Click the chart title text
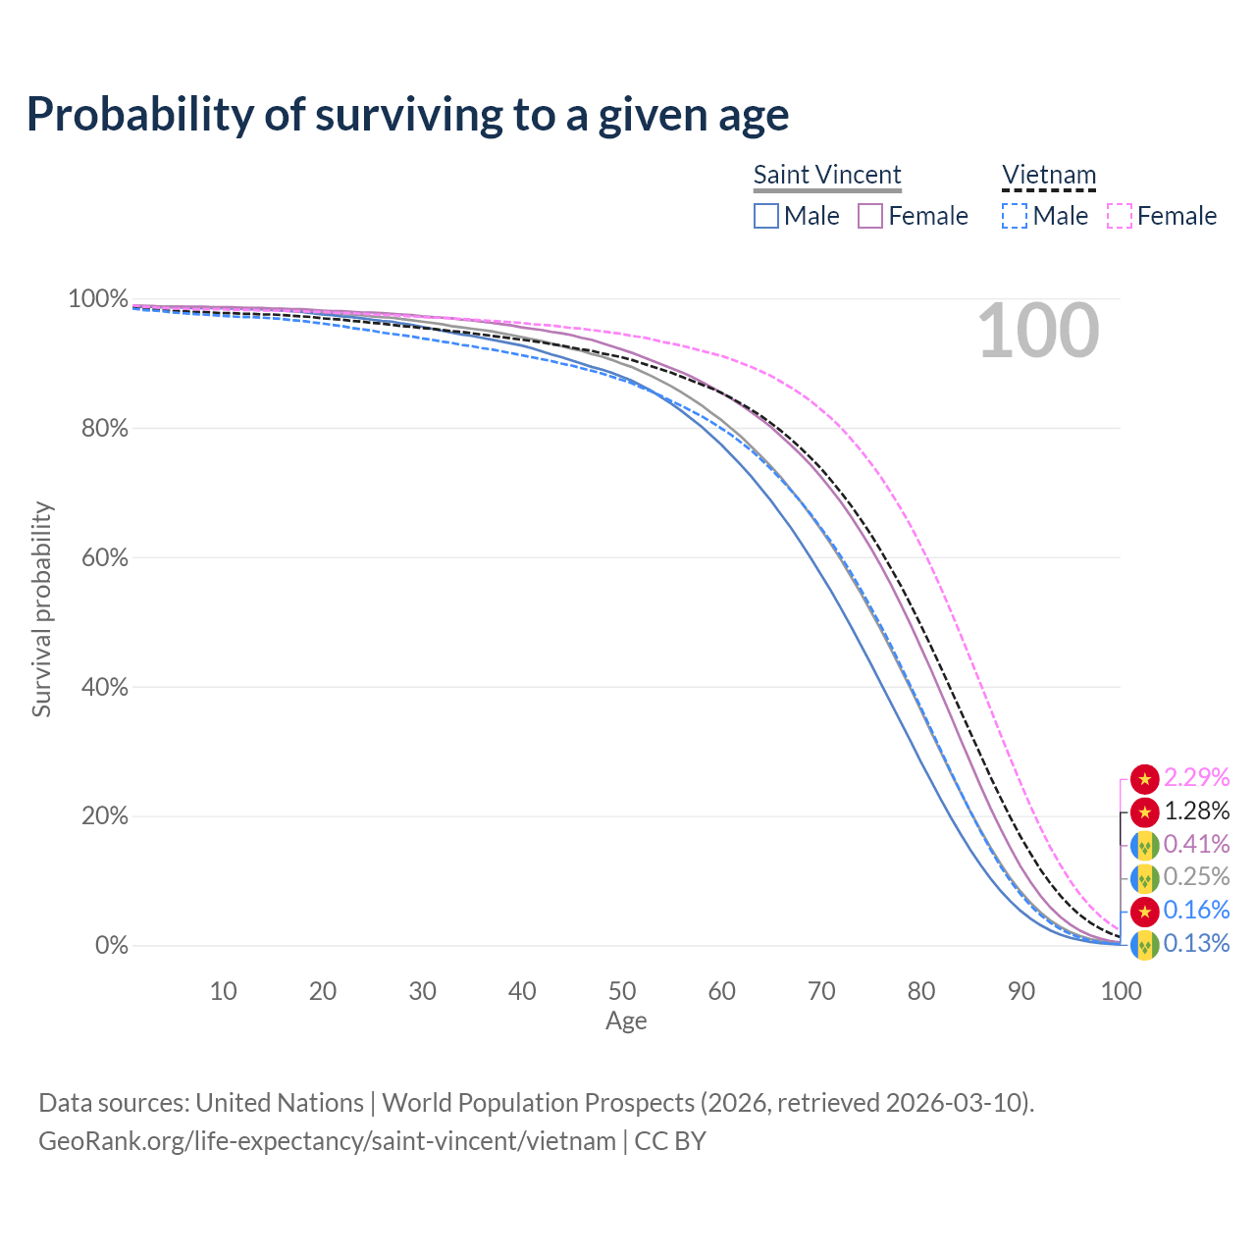[407, 115]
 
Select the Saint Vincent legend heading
[827, 175]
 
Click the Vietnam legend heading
[1048, 175]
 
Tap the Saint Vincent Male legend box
[766, 216]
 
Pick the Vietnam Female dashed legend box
[1119, 216]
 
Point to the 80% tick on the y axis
[98, 428]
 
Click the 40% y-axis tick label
[98, 687]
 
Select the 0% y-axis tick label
[111, 946]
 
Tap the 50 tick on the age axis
[622, 991]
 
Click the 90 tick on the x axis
[1021, 991]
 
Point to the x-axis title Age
[626, 1021]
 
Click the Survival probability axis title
[41, 609]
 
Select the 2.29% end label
[1196, 778]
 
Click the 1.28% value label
[1196, 811]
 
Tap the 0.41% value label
[1196, 844]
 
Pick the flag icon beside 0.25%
[1144, 878]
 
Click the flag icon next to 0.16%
[1144, 912]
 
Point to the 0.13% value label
[1196, 944]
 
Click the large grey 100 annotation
[1038, 332]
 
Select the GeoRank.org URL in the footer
[327, 1141]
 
